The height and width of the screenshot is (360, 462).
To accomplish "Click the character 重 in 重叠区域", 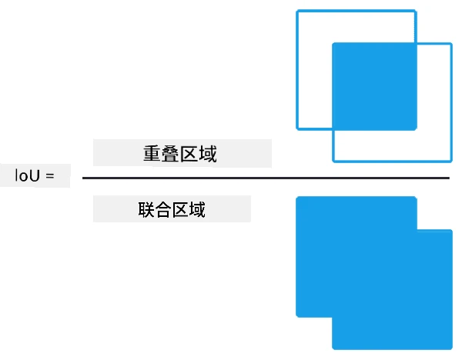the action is pyautogui.click(x=152, y=153).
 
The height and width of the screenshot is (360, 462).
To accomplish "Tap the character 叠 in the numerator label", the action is pyautogui.click(x=170, y=153).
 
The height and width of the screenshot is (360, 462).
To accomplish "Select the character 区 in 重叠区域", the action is pyautogui.click(x=189, y=153).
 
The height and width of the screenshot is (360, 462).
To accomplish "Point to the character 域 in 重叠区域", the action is pyautogui.click(x=208, y=153).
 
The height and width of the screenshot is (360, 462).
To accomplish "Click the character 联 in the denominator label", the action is pyautogui.click(x=146, y=209).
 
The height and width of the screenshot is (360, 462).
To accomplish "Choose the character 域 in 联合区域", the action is pyautogui.click(x=197, y=209).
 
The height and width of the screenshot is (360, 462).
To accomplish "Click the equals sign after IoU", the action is pyautogui.click(x=50, y=176).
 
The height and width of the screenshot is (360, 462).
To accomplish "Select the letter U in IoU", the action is pyautogui.click(x=34, y=175).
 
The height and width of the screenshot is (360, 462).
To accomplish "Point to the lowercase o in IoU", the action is pyautogui.click(x=23, y=177).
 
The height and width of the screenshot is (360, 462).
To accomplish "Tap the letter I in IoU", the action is pyautogui.click(x=16, y=175).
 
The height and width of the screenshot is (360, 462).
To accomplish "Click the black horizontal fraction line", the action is pyautogui.click(x=266, y=178).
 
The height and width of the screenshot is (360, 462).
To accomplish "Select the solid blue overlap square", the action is pyautogui.click(x=374, y=86).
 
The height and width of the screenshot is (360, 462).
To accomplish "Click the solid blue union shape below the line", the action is pyautogui.click(x=374, y=273).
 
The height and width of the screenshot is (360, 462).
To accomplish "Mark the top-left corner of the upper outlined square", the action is pyautogui.click(x=296, y=11).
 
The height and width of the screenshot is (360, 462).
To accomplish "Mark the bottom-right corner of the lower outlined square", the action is pyautogui.click(x=452, y=162).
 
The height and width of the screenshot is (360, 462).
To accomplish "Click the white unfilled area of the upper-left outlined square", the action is pyautogui.click(x=314, y=71).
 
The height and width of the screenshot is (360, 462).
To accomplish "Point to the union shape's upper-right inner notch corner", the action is pyautogui.click(x=417, y=229).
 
